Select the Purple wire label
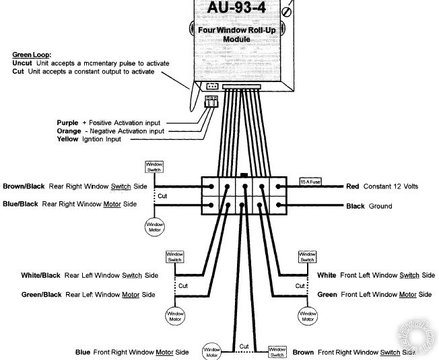(x=69, y=122)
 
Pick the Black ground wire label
(x=356, y=206)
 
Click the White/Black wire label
(x=41, y=275)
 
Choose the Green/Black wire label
(x=41, y=294)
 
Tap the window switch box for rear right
(x=154, y=166)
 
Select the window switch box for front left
(x=307, y=256)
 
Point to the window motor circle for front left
(x=308, y=315)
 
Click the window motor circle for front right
(x=212, y=351)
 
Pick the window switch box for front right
(x=277, y=351)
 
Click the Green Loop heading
(x=31, y=55)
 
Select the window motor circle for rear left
(x=175, y=315)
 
